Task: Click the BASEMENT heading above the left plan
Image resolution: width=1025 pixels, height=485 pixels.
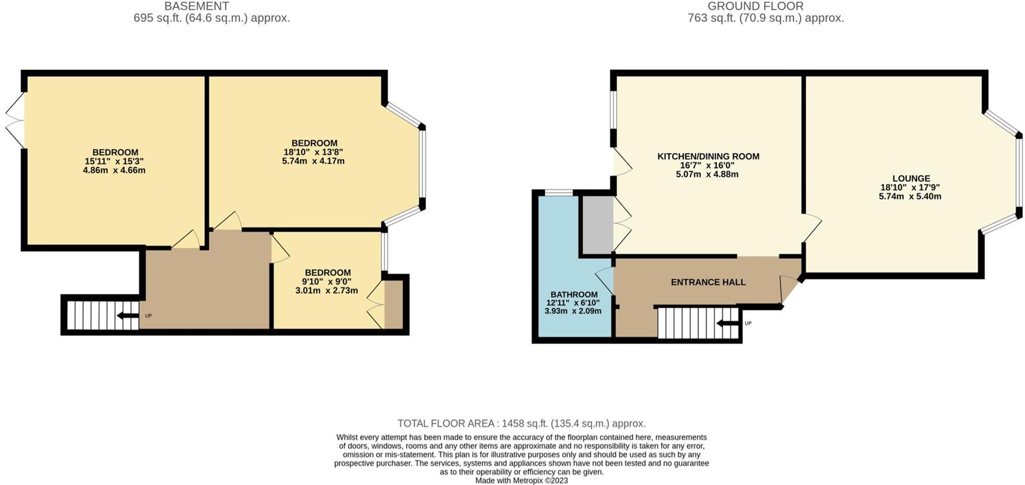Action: [196, 6]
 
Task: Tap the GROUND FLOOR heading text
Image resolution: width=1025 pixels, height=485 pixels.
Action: [755, 6]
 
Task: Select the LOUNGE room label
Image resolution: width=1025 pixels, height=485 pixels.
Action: [911, 178]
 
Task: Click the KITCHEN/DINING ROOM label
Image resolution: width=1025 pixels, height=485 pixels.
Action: [708, 156]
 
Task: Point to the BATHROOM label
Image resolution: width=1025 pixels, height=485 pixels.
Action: [574, 294]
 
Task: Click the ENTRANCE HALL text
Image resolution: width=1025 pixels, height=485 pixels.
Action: [708, 282]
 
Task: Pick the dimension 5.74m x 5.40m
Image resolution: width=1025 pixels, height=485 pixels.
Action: [910, 196]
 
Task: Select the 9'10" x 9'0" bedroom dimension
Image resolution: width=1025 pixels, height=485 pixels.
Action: [327, 282]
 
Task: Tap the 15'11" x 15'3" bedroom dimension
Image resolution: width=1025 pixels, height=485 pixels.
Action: [114, 162]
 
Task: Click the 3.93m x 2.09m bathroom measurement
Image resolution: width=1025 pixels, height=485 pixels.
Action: [573, 311]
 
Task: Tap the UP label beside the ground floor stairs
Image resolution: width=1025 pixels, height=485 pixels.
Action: [748, 323]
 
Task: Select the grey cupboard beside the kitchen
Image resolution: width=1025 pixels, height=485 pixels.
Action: [597, 225]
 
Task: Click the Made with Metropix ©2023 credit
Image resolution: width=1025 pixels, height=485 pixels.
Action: [521, 480]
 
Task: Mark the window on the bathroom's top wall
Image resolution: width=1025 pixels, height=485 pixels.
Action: [558, 193]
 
